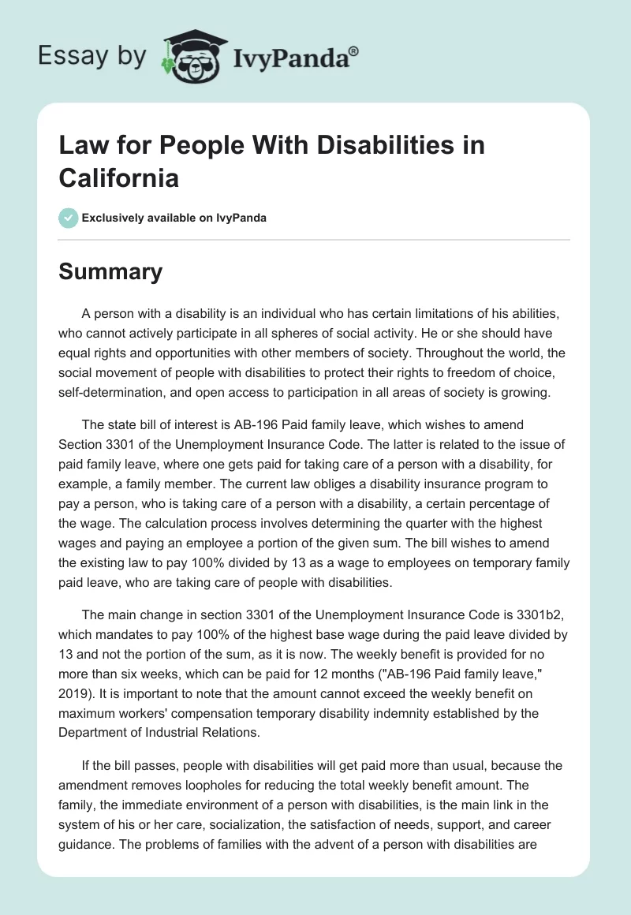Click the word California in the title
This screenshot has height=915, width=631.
[119, 177]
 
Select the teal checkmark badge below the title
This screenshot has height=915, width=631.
[69, 218]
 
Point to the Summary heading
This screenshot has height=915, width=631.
[111, 271]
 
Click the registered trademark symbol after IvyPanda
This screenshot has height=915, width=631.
[354, 51]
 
